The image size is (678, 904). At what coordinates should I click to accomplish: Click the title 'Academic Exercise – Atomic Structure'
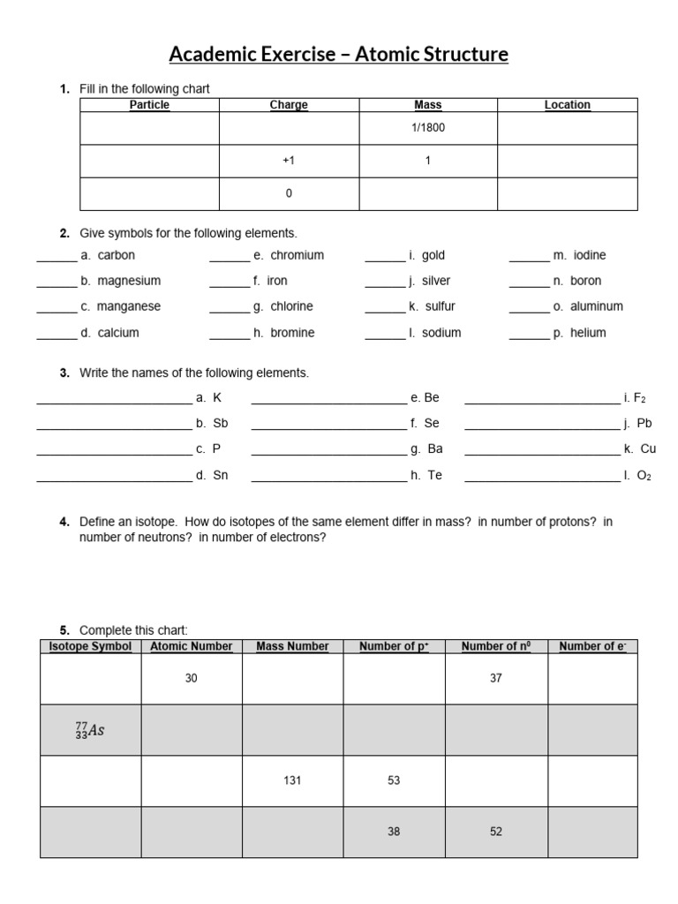pyautogui.click(x=339, y=55)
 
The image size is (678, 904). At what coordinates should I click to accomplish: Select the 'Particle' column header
pyautogui.click(x=149, y=105)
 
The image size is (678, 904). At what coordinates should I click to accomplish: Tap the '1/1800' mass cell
pyautogui.click(x=428, y=127)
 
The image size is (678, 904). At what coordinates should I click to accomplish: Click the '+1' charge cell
pyautogui.click(x=289, y=162)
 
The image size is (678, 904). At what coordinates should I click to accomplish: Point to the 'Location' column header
pyautogui.click(x=567, y=105)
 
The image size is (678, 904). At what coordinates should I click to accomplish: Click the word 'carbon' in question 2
pyautogui.click(x=116, y=255)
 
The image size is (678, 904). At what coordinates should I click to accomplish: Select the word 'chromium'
pyautogui.click(x=297, y=255)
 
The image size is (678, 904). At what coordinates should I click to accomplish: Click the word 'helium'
pyautogui.click(x=588, y=333)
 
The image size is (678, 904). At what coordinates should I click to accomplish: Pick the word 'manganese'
pyautogui.click(x=129, y=306)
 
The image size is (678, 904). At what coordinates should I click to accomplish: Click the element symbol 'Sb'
pyautogui.click(x=221, y=423)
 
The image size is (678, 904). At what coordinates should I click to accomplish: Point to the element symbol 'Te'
pyautogui.click(x=435, y=475)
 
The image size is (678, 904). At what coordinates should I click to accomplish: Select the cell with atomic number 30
pyautogui.click(x=192, y=678)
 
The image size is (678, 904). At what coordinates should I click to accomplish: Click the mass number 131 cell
pyautogui.click(x=292, y=780)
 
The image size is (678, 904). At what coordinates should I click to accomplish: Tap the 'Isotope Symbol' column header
pyautogui.click(x=91, y=646)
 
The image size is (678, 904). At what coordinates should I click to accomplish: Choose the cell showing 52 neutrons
pyautogui.click(x=495, y=832)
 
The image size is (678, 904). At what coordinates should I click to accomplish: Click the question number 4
pyautogui.click(x=64, y=522)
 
